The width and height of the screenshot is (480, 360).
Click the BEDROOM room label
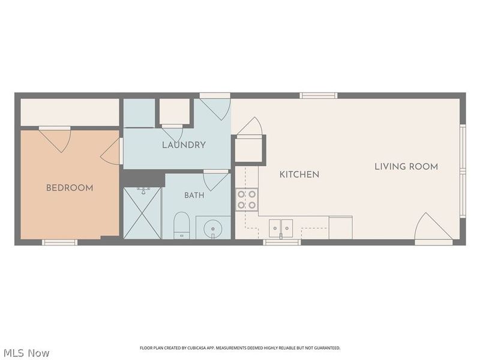tap(70, 188)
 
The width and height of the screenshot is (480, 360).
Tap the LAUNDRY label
tap(184, 145)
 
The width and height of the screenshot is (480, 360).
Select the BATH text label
tap(194, 196)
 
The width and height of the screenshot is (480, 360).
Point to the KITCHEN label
tap(299, 175)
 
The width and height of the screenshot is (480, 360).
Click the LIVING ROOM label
tap(406, 167)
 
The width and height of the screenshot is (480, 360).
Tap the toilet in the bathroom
tap(182, 226)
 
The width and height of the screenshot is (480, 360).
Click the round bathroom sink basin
tap(213, 229)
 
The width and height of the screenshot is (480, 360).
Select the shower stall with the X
tap(142, 213)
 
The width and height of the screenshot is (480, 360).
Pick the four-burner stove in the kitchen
tap(247, 199)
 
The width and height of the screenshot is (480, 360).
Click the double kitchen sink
tap(281, 229)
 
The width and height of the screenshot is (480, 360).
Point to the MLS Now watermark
tap(25, 353)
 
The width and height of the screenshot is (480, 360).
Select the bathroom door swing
tap(216, 182)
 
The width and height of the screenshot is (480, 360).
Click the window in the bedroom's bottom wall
tap(59, 242)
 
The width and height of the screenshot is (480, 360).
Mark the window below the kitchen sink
tap(282, 242)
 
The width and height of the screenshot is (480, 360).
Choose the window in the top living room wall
tap(319, 95)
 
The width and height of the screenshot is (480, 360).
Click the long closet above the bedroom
tap(70, 112)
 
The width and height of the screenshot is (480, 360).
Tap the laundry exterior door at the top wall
tap(215, 106)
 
